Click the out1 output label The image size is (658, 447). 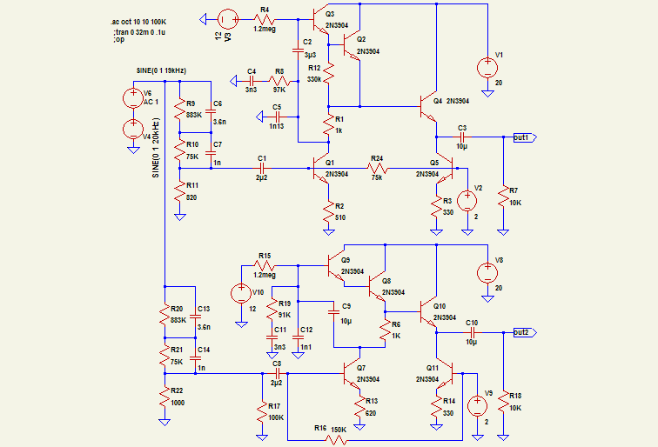point(524,137)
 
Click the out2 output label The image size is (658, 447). point(524,332)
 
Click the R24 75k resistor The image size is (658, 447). point(377,167)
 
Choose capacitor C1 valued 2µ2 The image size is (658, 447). point(262,167)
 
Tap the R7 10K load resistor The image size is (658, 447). point(503,197)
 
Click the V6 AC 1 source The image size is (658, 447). point(132,97)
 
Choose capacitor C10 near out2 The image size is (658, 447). point(472,332)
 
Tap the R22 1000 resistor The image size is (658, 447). point(164,397)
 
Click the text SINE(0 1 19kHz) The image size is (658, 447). point(162,70)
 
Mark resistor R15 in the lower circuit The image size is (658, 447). point(265,264)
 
